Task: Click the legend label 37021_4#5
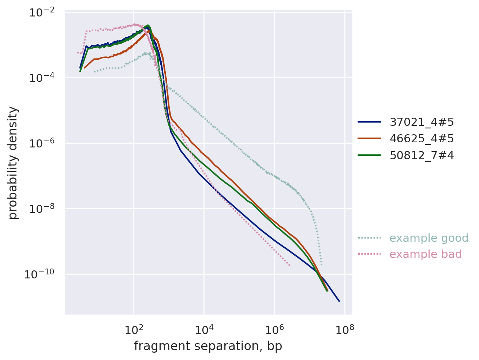[x=422, y=122]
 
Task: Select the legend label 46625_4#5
[x=422, y=139]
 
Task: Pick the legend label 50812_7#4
[x=422, y=155]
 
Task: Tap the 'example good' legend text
[x=429, y=238]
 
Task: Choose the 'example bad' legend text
[x=425, y=254]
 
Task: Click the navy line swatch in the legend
[x=369, y=122]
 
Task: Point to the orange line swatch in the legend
[x=369, y=139]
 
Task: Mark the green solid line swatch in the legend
[x=369, y=155]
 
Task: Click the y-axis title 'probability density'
[x=13, y=163]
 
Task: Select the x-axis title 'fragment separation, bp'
[x=208, y=346]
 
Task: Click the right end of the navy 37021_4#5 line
[x=339, y=301]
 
